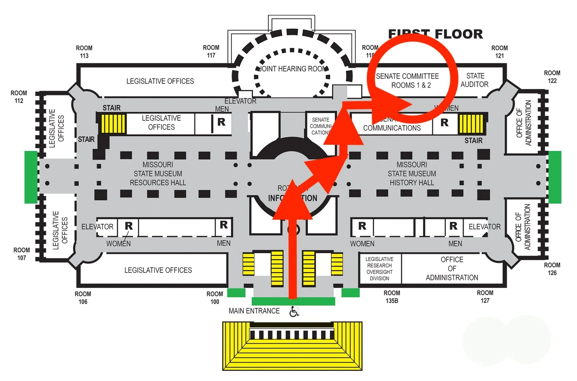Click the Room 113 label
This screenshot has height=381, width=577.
[84, 52]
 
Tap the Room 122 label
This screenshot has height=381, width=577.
[552, 77]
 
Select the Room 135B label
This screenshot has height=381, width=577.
[392, 297]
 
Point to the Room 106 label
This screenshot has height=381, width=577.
[83, 298]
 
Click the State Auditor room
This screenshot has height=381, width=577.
[475, 80]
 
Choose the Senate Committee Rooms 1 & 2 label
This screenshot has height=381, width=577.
[407, 81]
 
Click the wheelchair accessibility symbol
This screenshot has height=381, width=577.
[294, 311]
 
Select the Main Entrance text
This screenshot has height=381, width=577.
[254, 311]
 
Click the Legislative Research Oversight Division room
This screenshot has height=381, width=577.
[380, 269]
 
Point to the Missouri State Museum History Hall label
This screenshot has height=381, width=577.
[412, 174]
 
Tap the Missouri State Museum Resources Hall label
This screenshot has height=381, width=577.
[158, 174]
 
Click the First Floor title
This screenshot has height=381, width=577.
[435, 34]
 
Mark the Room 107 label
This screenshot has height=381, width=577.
[22, 254]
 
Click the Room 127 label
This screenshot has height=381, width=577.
[485, 297]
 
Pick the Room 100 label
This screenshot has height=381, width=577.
[215, 298]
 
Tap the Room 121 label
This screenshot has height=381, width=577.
[499, 52]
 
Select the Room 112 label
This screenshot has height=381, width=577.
[19, 97]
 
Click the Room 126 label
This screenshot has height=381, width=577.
[552, 269]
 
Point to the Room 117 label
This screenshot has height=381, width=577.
[211, 52]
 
